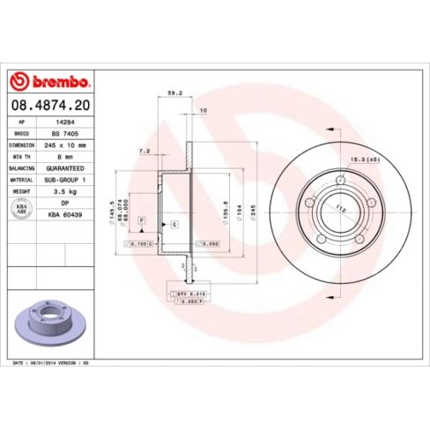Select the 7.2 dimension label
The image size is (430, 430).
click(144, 151)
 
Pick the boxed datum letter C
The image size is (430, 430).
click(174, 225)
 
